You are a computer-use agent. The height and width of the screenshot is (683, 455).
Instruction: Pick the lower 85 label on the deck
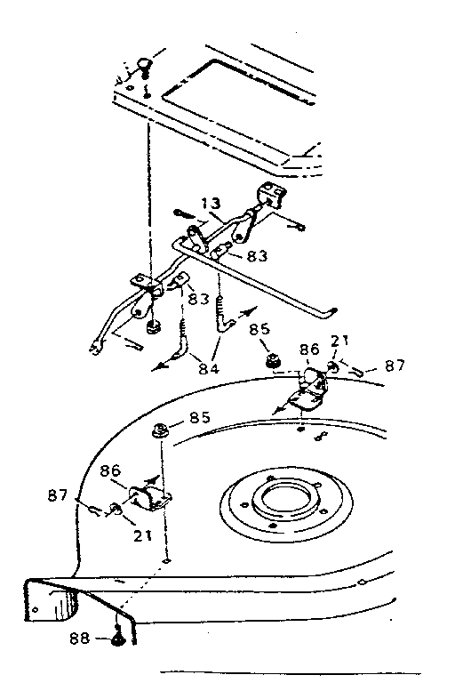tap(199, 417)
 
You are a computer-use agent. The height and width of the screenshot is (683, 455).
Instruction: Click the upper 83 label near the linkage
tap(257, 255)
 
